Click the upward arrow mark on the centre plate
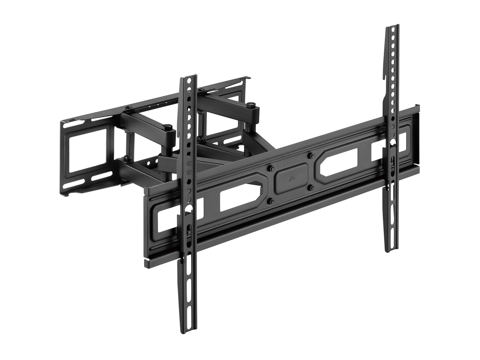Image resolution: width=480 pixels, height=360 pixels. click(x=290, y=178)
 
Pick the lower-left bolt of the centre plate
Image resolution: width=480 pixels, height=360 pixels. click(x=272, y=201)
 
